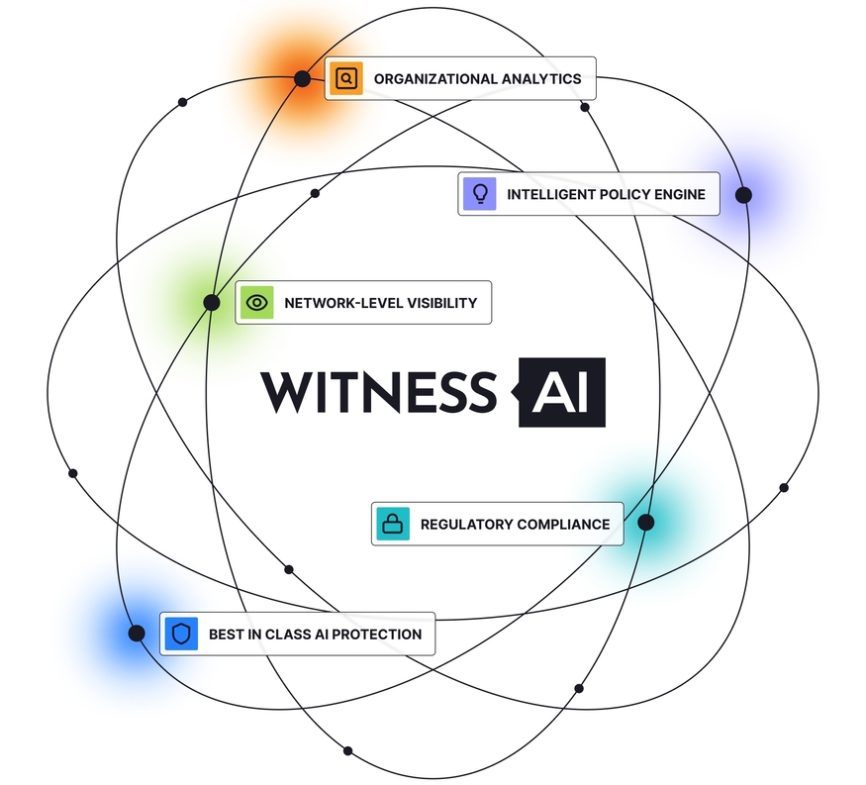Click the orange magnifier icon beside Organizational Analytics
(346, 78)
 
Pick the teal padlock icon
(394, 524)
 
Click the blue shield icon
(181, 634)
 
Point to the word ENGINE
(680, 194)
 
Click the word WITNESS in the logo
(376, 391)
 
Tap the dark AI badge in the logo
(561, 392)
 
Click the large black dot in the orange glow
(302, 78)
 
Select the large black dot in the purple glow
(743, 195)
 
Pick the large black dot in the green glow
(211, 302)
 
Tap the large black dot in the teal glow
(645, 522)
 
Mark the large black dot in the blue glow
(137, 633)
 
